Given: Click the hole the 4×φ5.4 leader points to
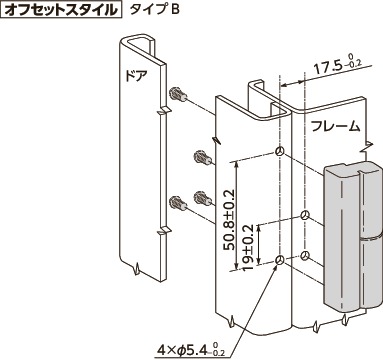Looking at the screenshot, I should (279, 261).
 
